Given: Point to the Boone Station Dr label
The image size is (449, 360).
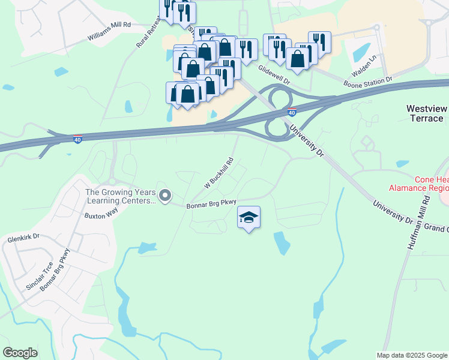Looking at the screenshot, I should [x=367, y=79].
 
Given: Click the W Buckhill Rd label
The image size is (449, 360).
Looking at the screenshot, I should [x=218, y=173].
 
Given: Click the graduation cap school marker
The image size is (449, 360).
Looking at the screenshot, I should [x=249, y=217].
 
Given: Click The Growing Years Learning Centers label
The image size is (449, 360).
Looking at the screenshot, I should [x=121, y=197].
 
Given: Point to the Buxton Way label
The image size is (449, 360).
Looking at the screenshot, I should [x=98, y=216].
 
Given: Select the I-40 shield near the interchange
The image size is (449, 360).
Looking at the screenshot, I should [x=292, y=112].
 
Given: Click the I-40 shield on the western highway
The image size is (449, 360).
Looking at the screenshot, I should [x=77, y=139].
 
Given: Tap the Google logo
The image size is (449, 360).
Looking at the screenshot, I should [x=20, y=353].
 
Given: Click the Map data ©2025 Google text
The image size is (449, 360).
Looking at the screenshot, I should [x=411, y=355].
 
